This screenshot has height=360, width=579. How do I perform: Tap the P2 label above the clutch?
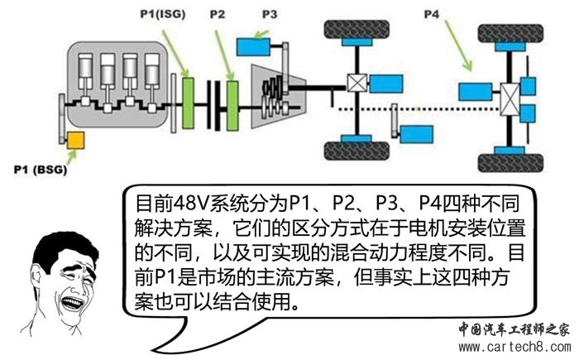coord(218,14)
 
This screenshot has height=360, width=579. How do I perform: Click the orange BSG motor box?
coord(76,142)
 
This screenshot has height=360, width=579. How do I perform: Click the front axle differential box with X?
coord(357,84)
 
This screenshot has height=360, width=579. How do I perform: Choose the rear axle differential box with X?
coord(510,103)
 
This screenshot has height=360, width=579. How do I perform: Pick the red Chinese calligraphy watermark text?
coord(514,327)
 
